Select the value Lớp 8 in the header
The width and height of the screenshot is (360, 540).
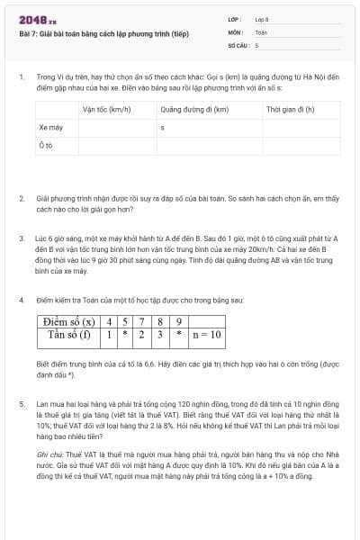[x=262, y=19]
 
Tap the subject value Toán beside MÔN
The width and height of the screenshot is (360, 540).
[x=261, y=31]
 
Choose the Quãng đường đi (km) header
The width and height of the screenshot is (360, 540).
[x=194, y=110]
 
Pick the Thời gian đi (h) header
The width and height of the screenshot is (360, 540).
[x=290, y=110]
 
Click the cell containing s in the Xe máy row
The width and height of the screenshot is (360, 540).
[x=162, y=128]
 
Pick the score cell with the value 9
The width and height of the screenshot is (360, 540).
[x=179, y=321]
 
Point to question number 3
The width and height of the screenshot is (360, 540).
[x=22, y=238]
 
